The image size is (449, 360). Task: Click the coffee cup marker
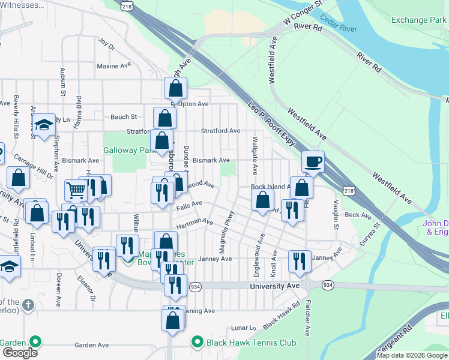click(313, 161)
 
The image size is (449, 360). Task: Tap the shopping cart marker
click(76, 191)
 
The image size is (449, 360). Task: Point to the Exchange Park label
click(419, 20)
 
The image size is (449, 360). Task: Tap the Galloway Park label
click(128, 150)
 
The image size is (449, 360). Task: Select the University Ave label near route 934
click(274, 287)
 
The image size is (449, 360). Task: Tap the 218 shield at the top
click(126, 5)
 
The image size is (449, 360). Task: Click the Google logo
click(19, 353)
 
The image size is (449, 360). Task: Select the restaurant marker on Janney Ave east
click(300, 261)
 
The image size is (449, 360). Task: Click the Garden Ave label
click(91, 345)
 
